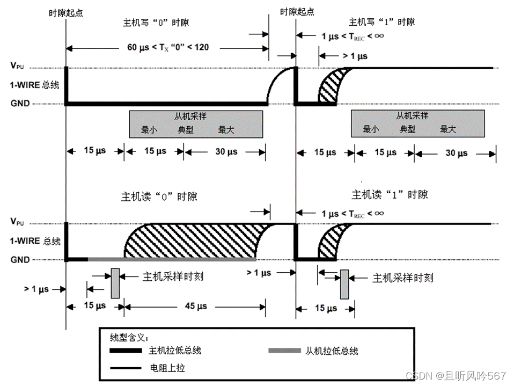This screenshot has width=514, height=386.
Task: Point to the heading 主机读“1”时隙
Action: [x=390, y=194]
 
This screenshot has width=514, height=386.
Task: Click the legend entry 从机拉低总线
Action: [x=331, y=351]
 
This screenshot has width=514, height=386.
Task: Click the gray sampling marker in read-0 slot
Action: [x=115, y=283]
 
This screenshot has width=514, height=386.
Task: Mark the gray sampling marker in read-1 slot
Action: [x=344, y=284]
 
